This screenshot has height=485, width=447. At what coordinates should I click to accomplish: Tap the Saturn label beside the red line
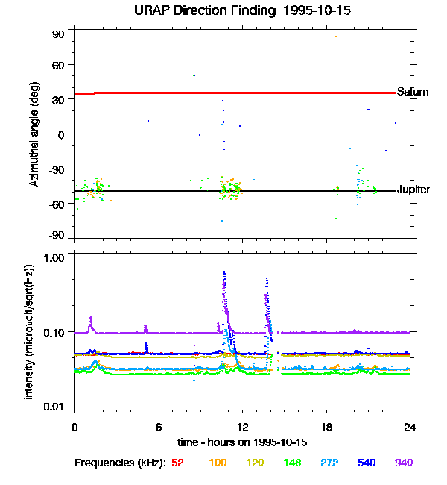tap(412, 92)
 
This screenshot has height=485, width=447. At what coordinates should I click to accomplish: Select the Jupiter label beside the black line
tap(413, 190)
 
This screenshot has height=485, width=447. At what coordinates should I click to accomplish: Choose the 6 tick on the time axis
tap(159, 427)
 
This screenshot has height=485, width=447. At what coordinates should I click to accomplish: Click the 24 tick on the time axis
tap(410, 427)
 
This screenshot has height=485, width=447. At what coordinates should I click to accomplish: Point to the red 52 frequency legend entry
tap(177, 463)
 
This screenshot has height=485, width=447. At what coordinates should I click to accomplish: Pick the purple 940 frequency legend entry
tap(403, 463)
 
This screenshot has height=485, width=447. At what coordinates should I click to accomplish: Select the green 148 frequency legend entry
tap(291, 463)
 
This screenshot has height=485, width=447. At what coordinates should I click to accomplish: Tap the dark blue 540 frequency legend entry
tap(366, 463)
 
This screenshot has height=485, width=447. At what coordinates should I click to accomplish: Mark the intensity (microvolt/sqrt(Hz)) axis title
tap(29, 331)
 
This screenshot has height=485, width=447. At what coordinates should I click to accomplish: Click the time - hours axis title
tap(242, 442)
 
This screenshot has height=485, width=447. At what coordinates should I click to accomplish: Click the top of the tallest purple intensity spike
tap(224, 272)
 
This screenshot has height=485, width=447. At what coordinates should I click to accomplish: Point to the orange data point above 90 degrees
tap(336, 36)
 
